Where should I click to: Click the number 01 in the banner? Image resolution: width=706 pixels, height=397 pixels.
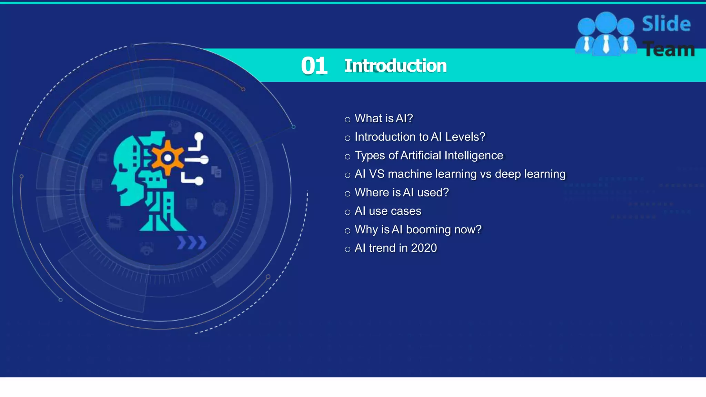[x=314, y=66]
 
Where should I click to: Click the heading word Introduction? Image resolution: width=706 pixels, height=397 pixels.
[x=395, y=66]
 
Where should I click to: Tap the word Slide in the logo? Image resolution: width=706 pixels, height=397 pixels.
[x=666, y=24]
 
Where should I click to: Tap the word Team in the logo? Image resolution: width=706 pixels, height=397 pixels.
[x=669, y=49]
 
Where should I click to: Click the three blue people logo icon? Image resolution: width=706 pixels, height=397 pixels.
[x=606, y=34]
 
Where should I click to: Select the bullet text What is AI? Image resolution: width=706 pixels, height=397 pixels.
[x=383, y=119]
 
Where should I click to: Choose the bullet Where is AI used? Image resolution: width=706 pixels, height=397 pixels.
[x=402, y=192]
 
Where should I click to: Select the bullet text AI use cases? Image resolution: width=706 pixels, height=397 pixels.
[x=388, y=211]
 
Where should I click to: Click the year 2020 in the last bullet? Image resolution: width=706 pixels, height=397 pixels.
[x=424, y=248]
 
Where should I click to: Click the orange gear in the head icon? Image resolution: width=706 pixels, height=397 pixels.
[x=168, y=158]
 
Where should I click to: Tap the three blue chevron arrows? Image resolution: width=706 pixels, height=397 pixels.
[x=192, y=243]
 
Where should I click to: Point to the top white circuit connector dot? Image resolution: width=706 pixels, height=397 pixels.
[x=199, y=137]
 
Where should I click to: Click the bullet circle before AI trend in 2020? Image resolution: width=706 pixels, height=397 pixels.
[x=347, y=249]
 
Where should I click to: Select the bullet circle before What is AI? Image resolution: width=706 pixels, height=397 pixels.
[x=347, y=120]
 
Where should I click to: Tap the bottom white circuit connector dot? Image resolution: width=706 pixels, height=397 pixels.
[x=199, y=181]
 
